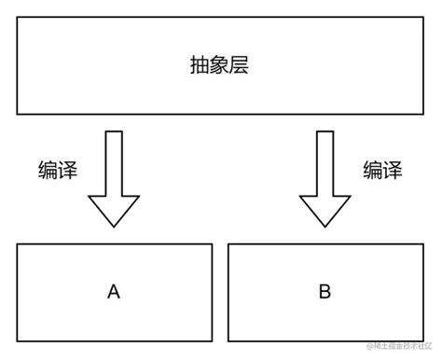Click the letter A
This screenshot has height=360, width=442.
[114, 292]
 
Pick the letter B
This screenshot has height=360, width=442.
[325, 292]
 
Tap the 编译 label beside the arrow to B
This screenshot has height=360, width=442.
[382, 171]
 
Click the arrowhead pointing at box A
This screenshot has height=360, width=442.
[114, 210]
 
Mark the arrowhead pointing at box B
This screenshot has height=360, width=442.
[325, 210]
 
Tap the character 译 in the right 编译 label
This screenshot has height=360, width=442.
[393, 171]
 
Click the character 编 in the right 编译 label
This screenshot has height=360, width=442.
[372, 171]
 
